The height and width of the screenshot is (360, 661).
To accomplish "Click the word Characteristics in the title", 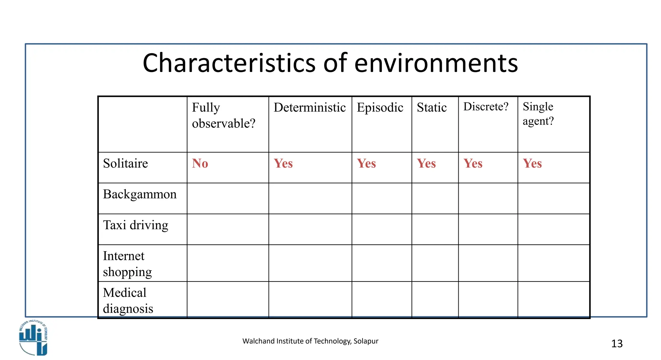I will [x=229, y=63].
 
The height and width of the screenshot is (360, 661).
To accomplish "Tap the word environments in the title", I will [x=436, y=63].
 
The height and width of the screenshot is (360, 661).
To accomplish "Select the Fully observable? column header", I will [x=223, y=115].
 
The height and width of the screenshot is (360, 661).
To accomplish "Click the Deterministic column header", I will [x=310, y=108].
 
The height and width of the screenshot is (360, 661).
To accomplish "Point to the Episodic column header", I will [x=380, y=108].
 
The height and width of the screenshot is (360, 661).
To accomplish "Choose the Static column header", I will [x=432, y=108].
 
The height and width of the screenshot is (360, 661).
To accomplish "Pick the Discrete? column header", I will [x=486, y=107].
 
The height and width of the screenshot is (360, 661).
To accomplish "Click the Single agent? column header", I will [x=538, y=114].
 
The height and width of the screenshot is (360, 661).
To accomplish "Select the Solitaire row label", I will [x=125, y=163].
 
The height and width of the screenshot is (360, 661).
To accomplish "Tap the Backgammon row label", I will [x=139, y=194].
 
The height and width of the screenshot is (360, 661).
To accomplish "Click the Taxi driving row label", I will [x=136, y=225].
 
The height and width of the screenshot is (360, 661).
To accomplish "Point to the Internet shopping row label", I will [x=127, y=264].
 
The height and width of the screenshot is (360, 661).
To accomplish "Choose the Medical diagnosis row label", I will [x=128, y=301].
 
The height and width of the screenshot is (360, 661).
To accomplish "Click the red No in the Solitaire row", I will [x=200, y=163].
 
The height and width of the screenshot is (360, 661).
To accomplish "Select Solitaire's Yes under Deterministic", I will [x=283, y=163].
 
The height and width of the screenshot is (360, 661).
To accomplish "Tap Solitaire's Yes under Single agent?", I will [x=532, y=163].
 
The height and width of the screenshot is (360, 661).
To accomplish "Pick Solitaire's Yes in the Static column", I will [x=426, y=163].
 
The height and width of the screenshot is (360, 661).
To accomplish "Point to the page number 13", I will [x=617, y=344].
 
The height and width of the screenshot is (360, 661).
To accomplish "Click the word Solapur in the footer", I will [x=366, y=341].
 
